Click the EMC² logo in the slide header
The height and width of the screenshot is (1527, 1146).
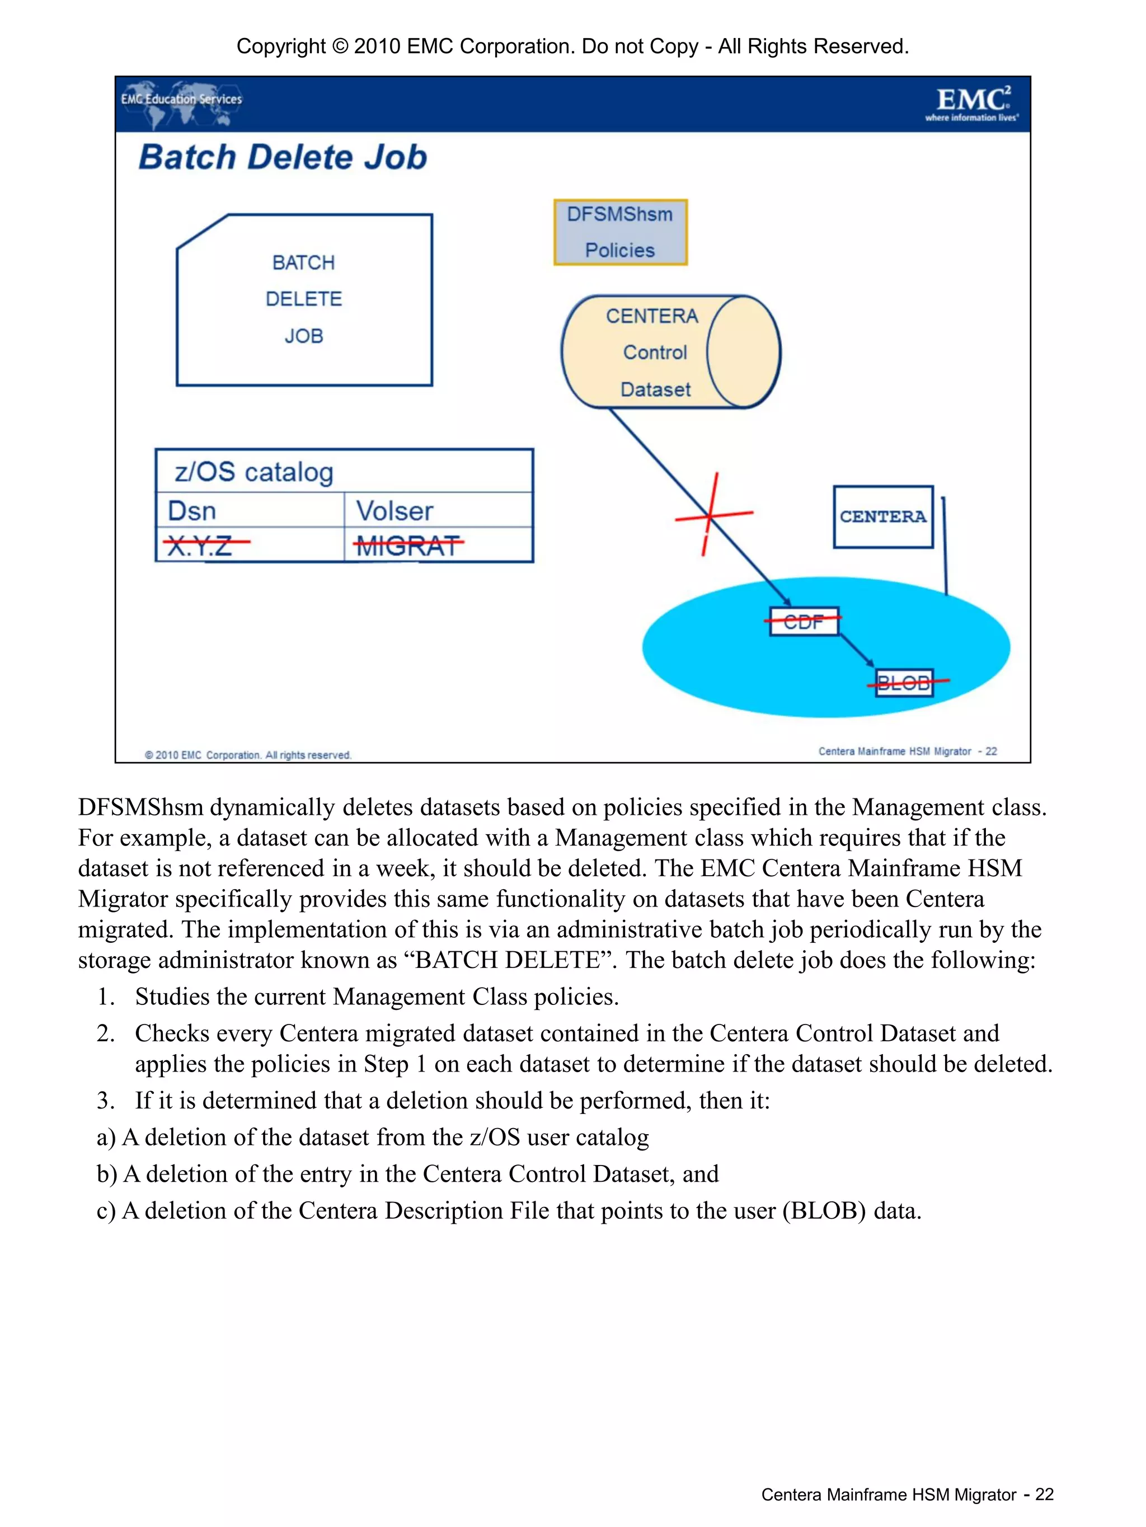click(972, 104)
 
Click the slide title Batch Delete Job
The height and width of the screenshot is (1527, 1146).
click(283, 157)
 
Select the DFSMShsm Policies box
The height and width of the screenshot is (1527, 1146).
click(620, 232)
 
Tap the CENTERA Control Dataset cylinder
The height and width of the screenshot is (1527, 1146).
click(670, 352)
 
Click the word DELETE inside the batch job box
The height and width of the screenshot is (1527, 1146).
click(304, 299)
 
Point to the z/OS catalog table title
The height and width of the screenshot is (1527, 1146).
click(254, 472)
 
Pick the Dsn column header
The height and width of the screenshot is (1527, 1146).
click(192, 511)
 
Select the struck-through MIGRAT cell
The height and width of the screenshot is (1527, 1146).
click(407, 546)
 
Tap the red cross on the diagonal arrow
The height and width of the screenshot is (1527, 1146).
click(711, 514)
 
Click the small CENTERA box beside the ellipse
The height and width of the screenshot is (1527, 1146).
click(883, 516)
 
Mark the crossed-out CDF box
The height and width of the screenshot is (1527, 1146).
click(804, 621)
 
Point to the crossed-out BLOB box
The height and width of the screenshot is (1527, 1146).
click(904, 682)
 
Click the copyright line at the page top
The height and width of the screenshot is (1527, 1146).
click(572, 46)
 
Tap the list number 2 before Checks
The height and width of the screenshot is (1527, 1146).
click(105, 1033)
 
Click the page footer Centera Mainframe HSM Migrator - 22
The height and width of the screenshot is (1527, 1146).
click(907, 1494)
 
